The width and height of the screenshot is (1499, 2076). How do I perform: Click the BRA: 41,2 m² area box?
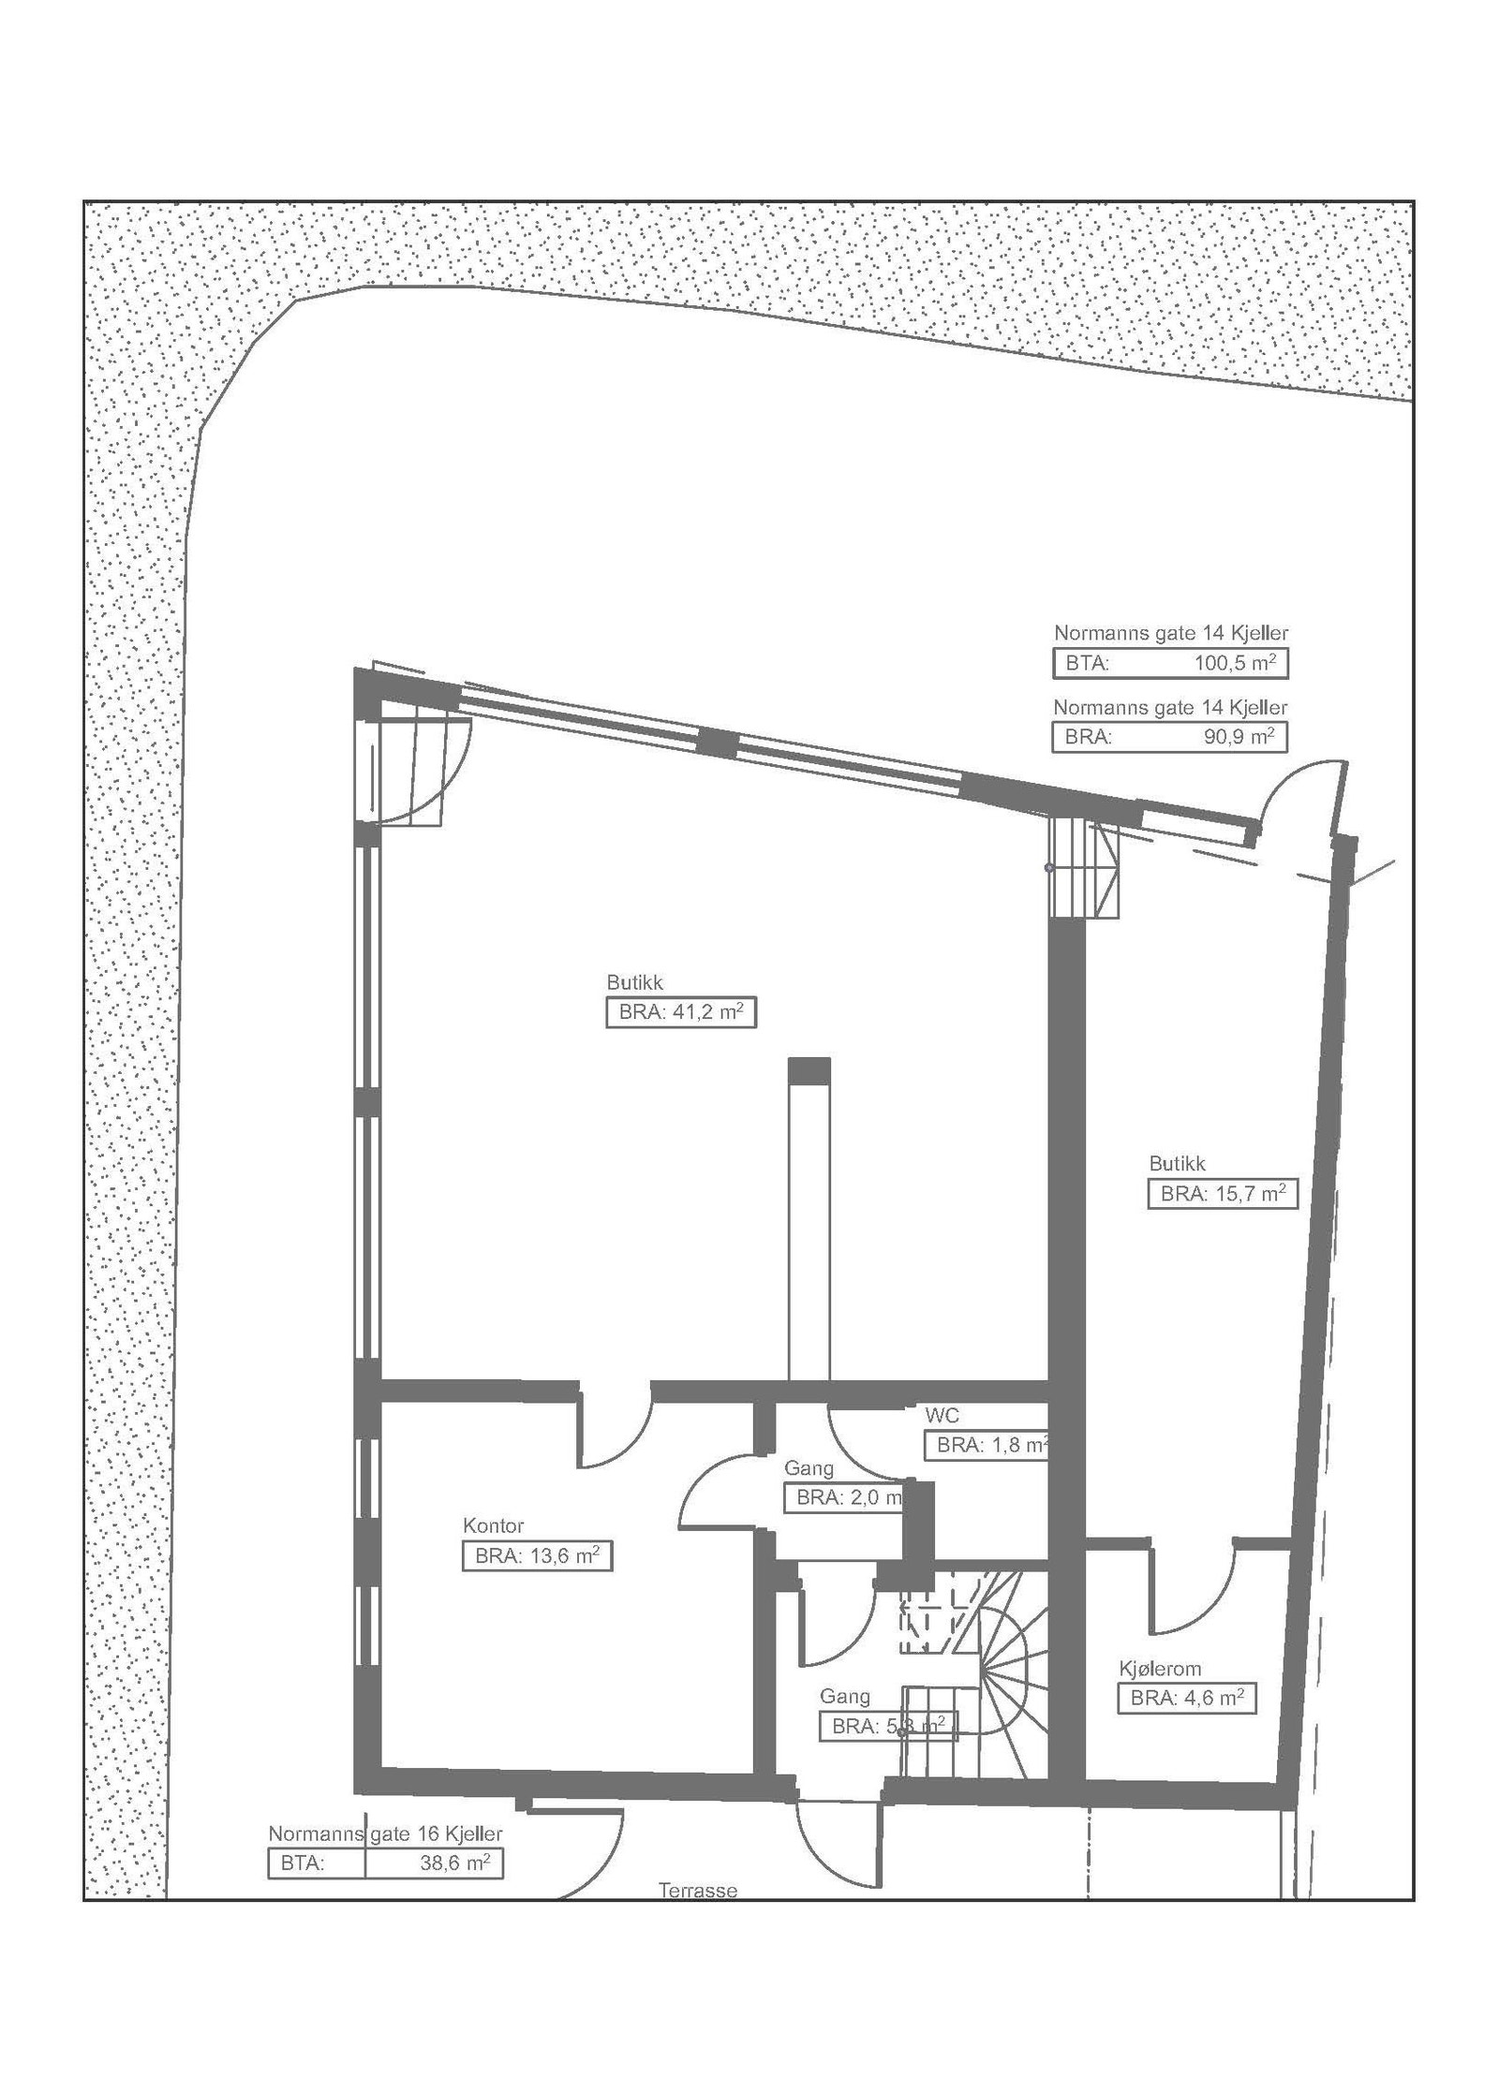pos(680,1013)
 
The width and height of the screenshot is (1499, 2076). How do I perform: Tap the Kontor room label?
pos(493,1525)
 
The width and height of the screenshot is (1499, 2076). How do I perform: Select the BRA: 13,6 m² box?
pos(536,1556)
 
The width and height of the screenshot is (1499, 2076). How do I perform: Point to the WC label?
pos(942,1415)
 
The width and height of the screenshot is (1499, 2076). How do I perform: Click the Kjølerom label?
pos(1160,1669)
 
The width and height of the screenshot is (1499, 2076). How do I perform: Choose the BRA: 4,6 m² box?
pos(1186,1699)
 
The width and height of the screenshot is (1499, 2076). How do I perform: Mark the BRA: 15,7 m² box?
pos(1222,1194)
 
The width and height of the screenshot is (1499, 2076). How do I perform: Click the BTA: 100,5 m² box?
pos(1169,663)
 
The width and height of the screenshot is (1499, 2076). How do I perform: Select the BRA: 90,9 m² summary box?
pos(1169,737)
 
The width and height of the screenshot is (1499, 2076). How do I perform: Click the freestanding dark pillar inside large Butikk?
pos(809,1070)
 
